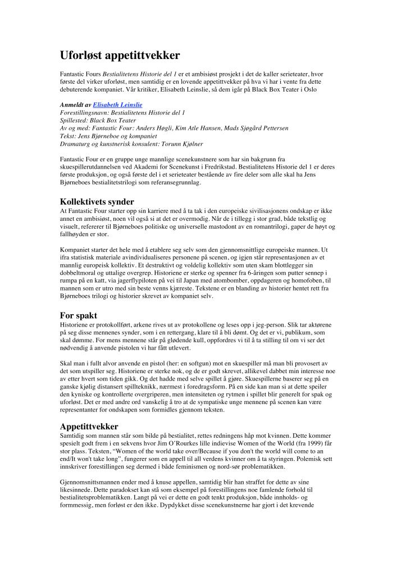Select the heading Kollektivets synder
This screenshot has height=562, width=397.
coord(97,201)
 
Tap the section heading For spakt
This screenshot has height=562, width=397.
coord(79,315)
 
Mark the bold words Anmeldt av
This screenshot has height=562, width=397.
coord(75,105)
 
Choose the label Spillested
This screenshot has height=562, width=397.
coord(76,121)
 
